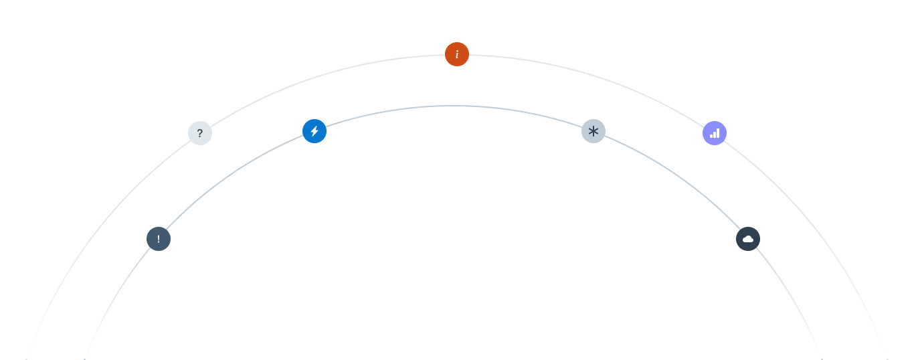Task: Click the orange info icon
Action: click(x=457, y=54)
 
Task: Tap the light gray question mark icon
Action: click(x=200, y=133)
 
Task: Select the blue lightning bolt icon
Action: click(x=314, y=131)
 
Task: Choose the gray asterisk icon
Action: click(x=593, y=131)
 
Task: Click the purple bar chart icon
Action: click(x=715, y=133)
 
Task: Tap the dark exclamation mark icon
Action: click(x=159, y=239)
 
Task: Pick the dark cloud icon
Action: click(x=748, y=239)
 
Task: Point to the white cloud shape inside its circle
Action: click(x=748, y=239)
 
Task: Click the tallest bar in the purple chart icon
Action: click(x=718, y=132)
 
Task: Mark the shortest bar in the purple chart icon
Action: click(x=711, y=135)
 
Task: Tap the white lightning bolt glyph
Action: click(x=314, y=131)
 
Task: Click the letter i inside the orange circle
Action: click(x=457, y=54)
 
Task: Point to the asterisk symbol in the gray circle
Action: click(x=593, y=131)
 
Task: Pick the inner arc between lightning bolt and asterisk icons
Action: click(x=455, y=106)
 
